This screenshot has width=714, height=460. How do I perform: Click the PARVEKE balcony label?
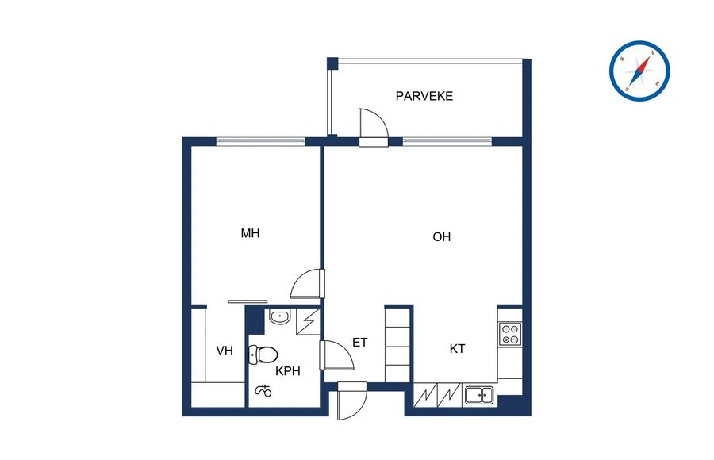pyautogui.click(x=424, y=96)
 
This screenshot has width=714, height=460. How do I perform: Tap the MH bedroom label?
pyautogui.click(x=250, y=233)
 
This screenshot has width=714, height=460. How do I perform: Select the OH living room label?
pyautogui.click(x=441, y=237)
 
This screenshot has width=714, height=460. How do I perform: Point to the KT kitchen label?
pyautogui.click(x=457, y=349)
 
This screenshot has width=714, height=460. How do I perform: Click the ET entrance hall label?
pyautogui.click(x=359, y=343)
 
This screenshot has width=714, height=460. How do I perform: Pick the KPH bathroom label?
pyautogui.click(x=288, y=371)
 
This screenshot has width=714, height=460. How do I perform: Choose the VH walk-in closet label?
pyautogui.click(x=225, y=351)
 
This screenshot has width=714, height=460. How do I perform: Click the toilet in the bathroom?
pyautogui.click(x=263, y=355)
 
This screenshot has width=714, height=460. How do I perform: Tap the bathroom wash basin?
pyautogui.click(x=278, y=316)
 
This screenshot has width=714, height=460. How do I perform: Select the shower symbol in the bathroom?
pyautogui.click(x=263, y=389)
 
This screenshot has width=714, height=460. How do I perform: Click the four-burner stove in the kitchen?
pyautogui.click(x=510, y=334)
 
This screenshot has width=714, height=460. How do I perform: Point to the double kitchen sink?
pyautogui.click(x=479, y=395)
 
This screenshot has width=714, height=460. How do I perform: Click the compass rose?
pyautogui.click(x=639, y=71)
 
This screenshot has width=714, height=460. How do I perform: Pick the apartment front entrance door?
pyautogui.click(x=352, y=401)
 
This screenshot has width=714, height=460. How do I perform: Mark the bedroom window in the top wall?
pyautogui.click(x=260, y=141)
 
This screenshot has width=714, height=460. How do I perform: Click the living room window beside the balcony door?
pyautogui.click(x=447, y=141)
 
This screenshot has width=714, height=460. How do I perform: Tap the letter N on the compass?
pyautogui.click(x=652, y=53)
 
